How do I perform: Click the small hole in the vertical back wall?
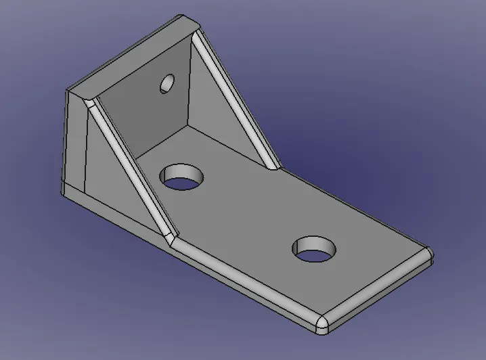167,83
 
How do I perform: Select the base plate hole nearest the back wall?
182,177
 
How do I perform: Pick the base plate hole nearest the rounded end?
315,250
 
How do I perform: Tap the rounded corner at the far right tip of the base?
429,256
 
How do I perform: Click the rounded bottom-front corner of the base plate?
322,325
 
